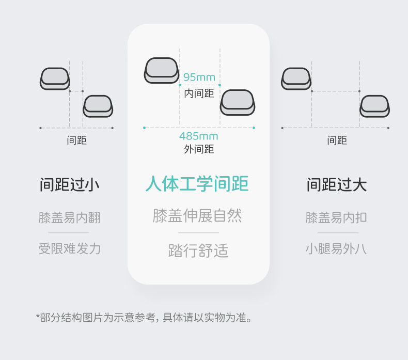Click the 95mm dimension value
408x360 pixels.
pos(199,77)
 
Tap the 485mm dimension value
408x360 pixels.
pos(199,136)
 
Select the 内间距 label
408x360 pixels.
pos(199,93)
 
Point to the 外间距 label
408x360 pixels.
pos(199,149)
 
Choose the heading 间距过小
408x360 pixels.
pos(70,184)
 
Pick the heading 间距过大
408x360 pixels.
pos(337,184)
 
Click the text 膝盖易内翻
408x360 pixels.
pos(70,217)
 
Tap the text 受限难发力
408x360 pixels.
pos(70,248)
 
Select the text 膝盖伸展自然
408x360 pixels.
pos(197,215)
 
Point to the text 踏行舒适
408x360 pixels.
pos(198,251)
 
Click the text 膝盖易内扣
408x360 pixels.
pos(336,217)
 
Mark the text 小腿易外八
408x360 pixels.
pos(336,248)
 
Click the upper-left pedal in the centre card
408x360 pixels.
pos(162,70)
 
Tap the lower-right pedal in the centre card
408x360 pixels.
pos(238,102)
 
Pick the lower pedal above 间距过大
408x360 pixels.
pos(374,106)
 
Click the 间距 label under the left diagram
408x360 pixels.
pos(77,140)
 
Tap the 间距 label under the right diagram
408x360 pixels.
pos(337,140)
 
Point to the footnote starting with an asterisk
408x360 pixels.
pos(144,317)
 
